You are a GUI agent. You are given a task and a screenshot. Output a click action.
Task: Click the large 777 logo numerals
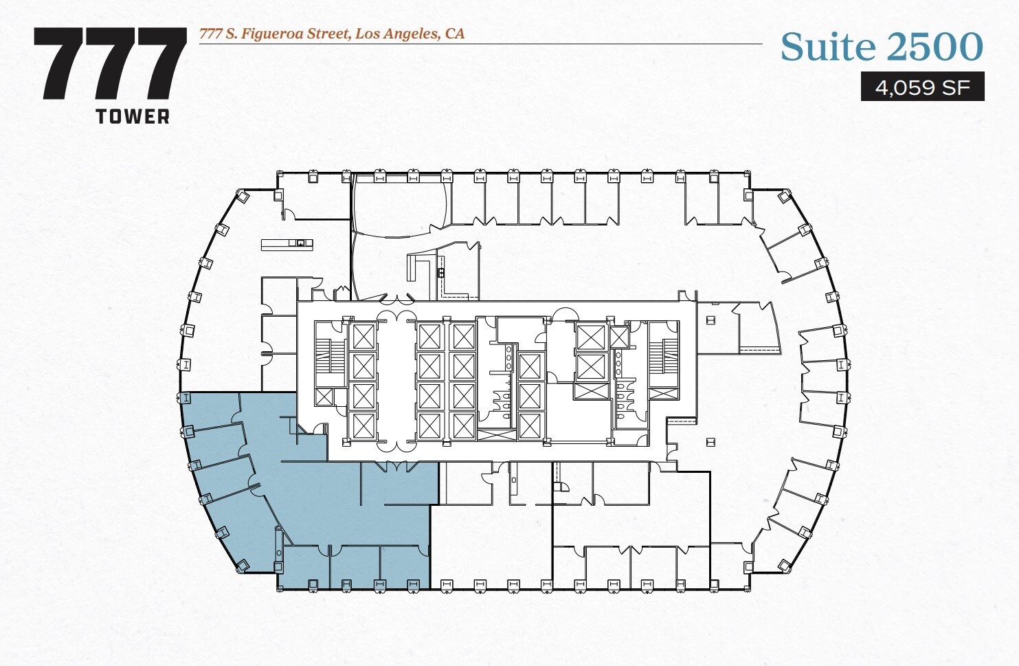(110, 64)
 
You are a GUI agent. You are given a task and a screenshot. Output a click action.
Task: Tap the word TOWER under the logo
(133, 116)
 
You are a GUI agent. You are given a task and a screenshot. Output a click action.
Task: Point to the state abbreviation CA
(455, 34)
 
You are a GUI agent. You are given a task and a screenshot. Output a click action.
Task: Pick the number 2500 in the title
(934, 47)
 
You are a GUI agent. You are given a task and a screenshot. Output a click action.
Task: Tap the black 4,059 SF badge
(922, 87)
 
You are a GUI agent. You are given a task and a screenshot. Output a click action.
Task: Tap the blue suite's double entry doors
(395, 467)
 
